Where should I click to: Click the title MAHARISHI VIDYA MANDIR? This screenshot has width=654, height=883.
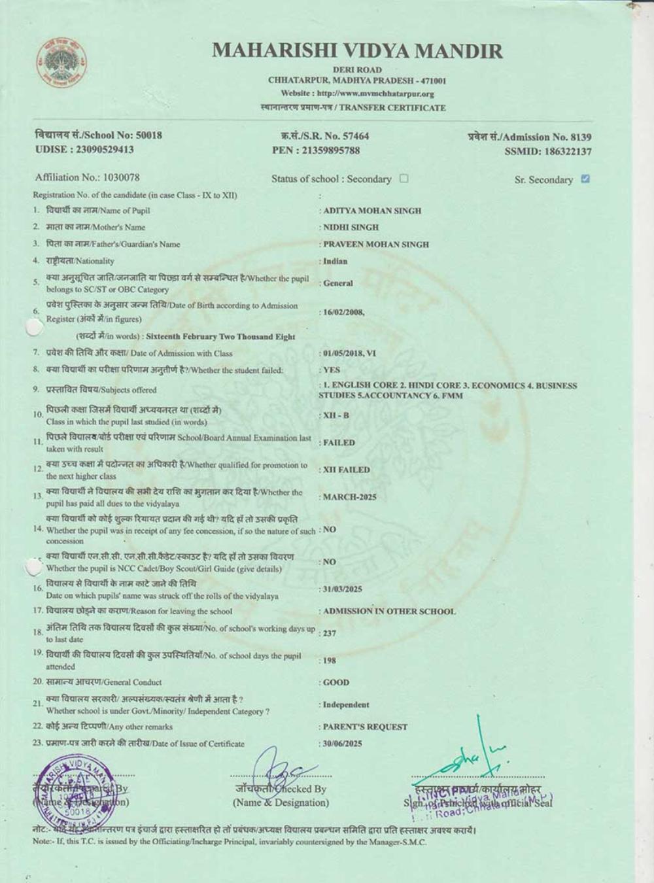[358, 51]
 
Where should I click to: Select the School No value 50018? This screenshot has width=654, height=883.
[148, 135]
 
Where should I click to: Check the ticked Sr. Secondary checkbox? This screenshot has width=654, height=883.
[585, 179]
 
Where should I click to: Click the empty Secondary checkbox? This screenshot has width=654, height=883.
[404, 178]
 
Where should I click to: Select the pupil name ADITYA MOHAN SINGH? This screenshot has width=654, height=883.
[372, 211]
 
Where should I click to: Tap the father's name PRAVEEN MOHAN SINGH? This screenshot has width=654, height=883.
[376, 245]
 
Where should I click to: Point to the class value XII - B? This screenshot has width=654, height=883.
[336, 415]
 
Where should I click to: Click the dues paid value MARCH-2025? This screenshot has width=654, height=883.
[350, 497]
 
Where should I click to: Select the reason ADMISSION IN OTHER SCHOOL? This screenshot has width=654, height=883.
[389, 612]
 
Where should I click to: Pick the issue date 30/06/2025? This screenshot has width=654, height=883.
[342, 744]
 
